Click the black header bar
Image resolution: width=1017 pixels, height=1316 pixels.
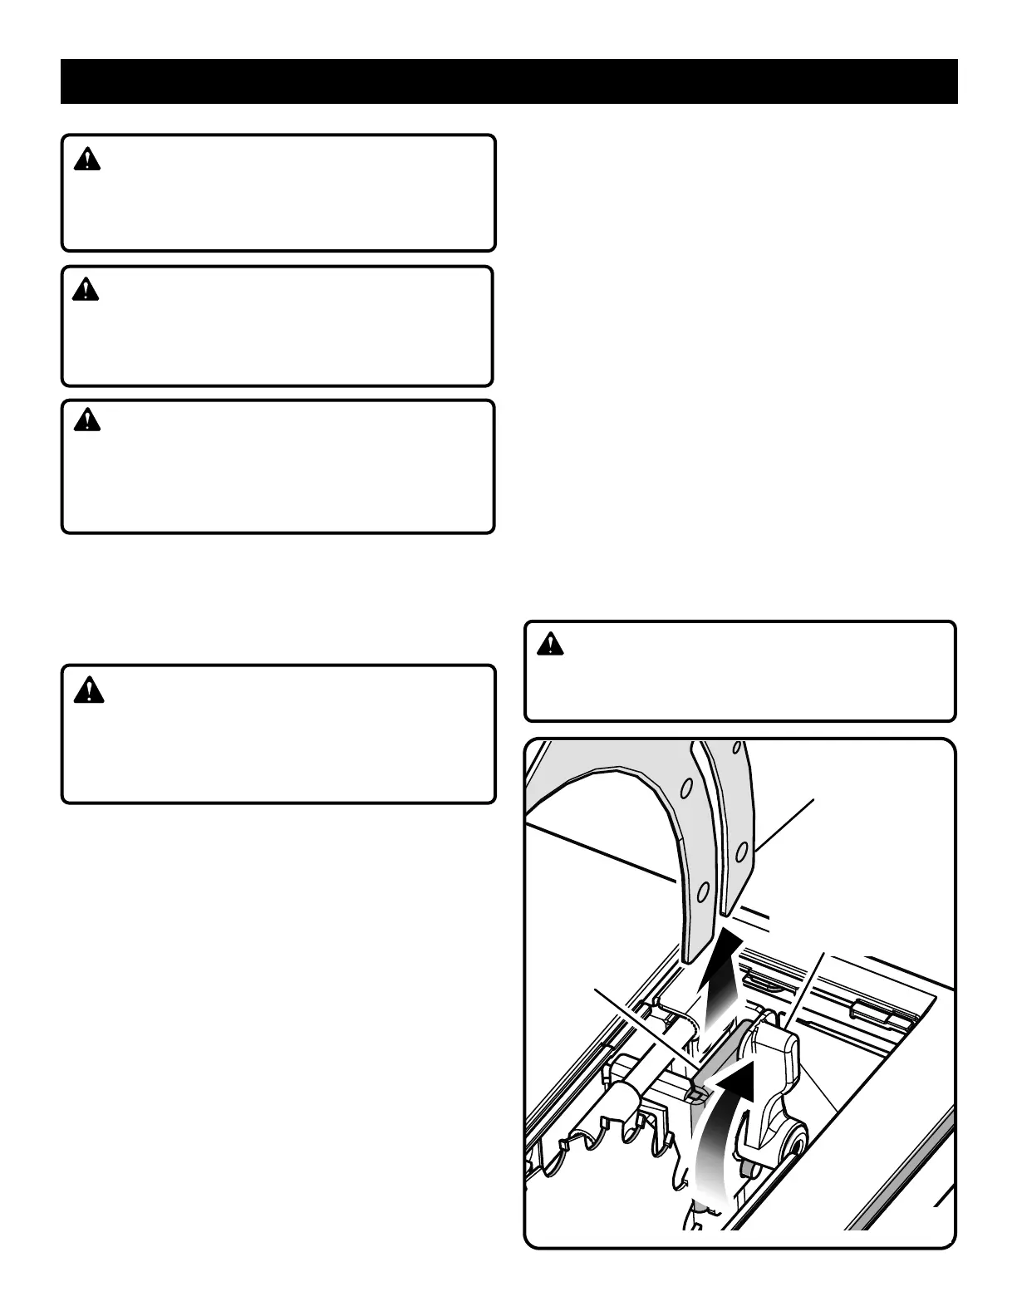point(508,81)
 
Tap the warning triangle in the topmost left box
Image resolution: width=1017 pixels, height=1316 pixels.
point(86,160)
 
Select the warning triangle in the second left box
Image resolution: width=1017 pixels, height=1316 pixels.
point(85,290)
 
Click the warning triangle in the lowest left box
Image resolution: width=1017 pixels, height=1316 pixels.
point(88,690)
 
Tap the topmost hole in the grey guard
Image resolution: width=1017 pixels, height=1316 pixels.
point(686,786)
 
